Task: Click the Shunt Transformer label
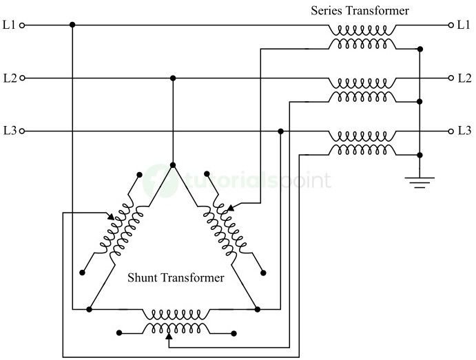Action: [x=176, y=278]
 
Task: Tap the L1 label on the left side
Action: [x=9, y=25]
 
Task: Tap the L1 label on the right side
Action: [x=464, y=25]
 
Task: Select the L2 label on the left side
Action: [x=9, y=78]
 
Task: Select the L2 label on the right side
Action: [x=464, y=78]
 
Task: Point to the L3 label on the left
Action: [x=9, y=130]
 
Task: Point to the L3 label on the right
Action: [x=464, y=130]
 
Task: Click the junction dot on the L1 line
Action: [x=72, y=25]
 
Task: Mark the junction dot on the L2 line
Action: [x=172, y=78]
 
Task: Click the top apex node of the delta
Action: [x=172, y=165]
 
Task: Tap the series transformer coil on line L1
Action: [x=362, y=31]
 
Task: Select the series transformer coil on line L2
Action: [x=362, y=83]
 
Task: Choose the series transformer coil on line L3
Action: [x=362, y=136]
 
